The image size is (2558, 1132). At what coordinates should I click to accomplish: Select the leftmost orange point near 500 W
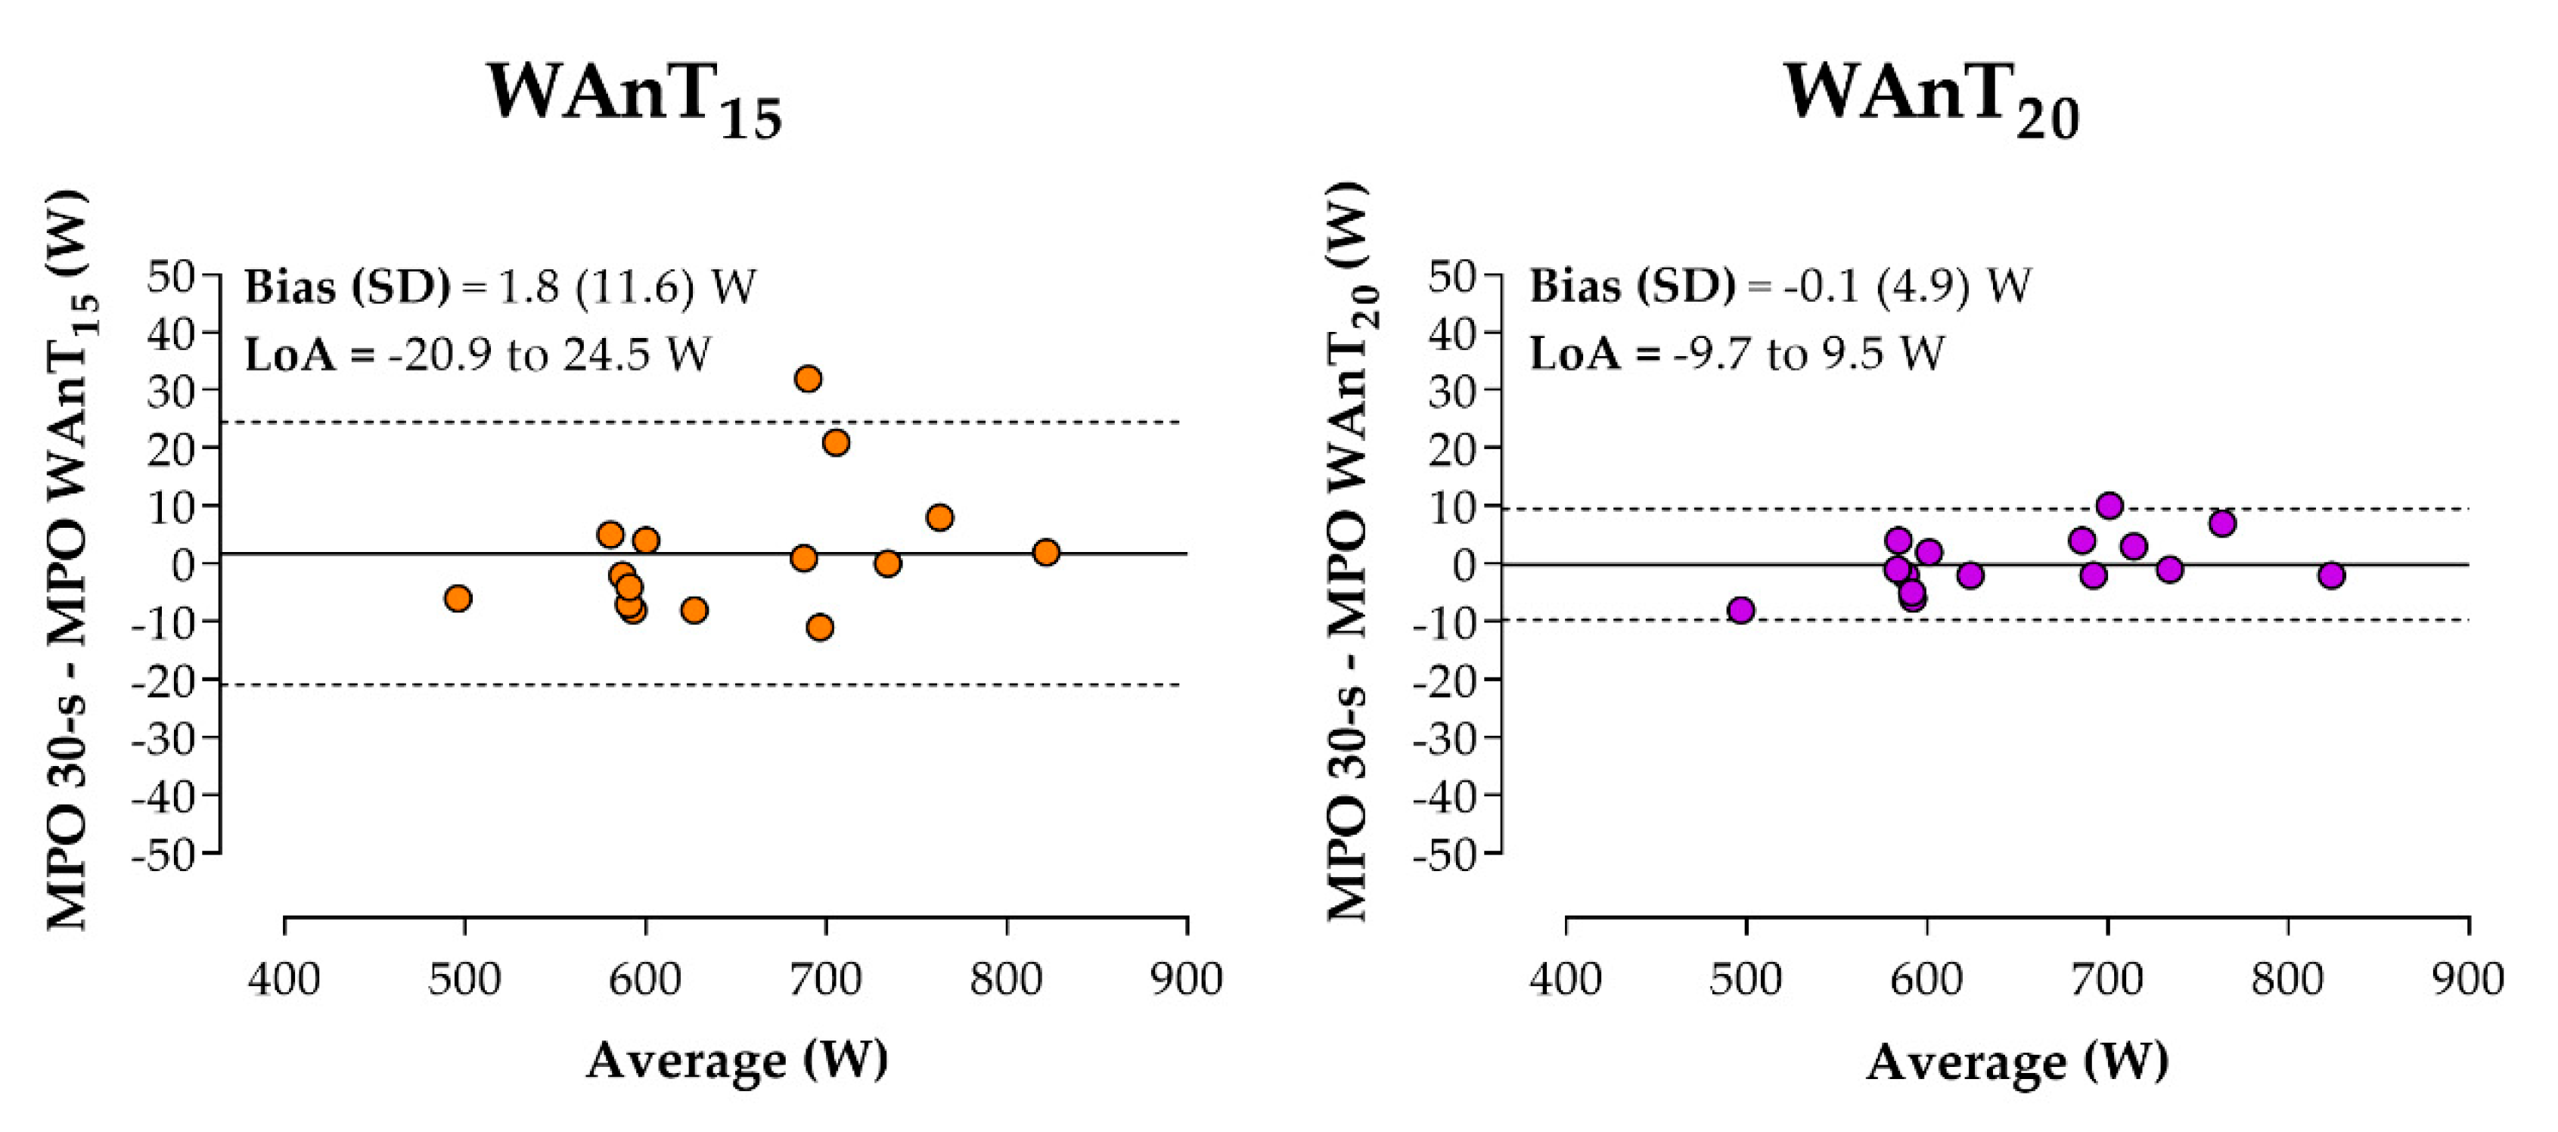coord(458,598)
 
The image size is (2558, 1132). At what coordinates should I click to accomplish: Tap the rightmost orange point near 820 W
coord(1045,552)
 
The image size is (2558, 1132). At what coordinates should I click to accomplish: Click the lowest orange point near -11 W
coord(820,627)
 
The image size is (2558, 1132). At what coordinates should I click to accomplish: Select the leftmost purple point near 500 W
coord(1740,609)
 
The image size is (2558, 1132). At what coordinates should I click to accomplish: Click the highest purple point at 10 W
coord(2110,505)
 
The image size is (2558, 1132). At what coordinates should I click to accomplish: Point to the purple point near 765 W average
coord(2222,523)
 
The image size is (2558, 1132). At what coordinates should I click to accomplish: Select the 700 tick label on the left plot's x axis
coord(825,979)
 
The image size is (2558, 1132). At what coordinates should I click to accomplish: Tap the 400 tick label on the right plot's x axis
coord(1566,979)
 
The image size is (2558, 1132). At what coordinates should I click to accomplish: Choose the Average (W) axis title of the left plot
coord(737,1060)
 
